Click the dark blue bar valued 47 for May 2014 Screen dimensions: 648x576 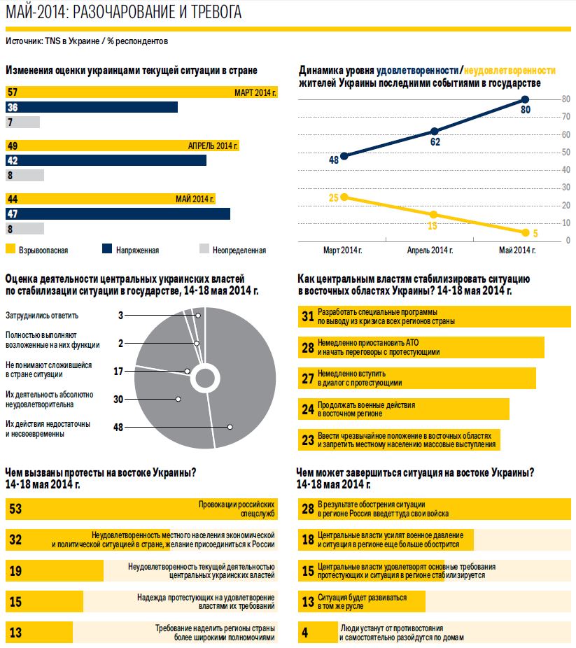point(118,213)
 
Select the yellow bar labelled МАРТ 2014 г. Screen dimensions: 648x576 point(140,92)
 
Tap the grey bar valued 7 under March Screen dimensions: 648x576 point(22,122)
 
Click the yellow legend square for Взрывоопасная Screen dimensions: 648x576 point(10,248)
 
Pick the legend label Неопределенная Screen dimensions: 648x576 point(239,250)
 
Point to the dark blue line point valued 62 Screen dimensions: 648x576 point(435,132)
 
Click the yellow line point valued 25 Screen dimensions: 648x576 point(344,197)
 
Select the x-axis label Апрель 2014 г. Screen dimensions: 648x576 point(430,250)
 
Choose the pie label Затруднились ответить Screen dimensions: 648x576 point(42,316)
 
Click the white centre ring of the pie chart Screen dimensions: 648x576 point(204,379)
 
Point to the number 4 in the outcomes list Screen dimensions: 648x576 point(304,633)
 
